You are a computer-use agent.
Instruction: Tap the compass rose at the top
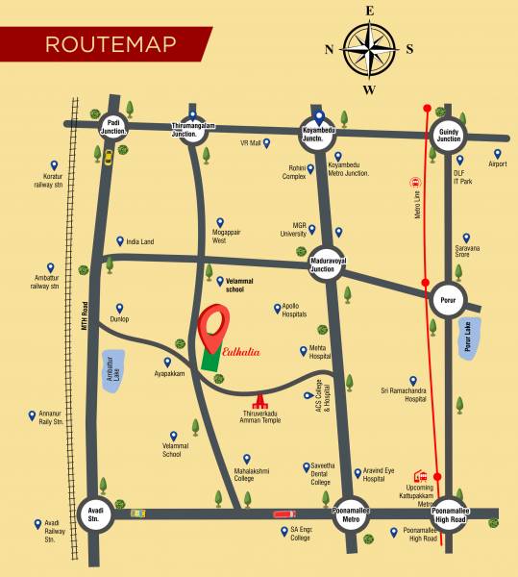click(369, 49)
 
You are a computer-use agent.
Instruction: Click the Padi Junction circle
click(112, 127)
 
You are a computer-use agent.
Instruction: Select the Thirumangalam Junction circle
click(189, 128)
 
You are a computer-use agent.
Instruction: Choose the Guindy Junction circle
click(449, 134)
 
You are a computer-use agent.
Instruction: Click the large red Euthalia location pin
click(214, 327)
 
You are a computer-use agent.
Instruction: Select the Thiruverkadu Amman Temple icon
click(259, 400)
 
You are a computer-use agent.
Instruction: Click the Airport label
click(498, 163)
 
